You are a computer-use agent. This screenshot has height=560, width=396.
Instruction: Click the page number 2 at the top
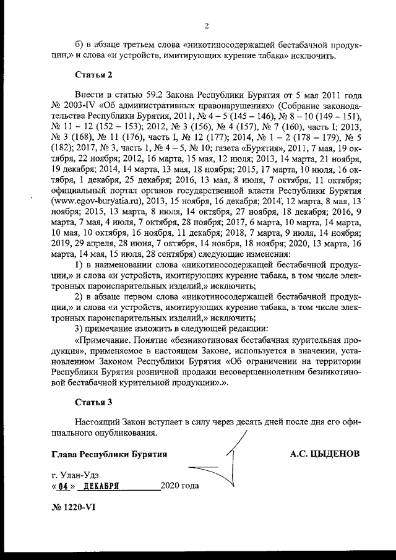(x=207, y=25)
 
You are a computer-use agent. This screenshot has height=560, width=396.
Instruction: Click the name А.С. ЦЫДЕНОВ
(x=325, y=454)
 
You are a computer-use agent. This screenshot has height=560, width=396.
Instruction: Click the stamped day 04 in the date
(x=64, y=486)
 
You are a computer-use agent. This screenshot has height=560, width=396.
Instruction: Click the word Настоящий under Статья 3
(x=97, y=422)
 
